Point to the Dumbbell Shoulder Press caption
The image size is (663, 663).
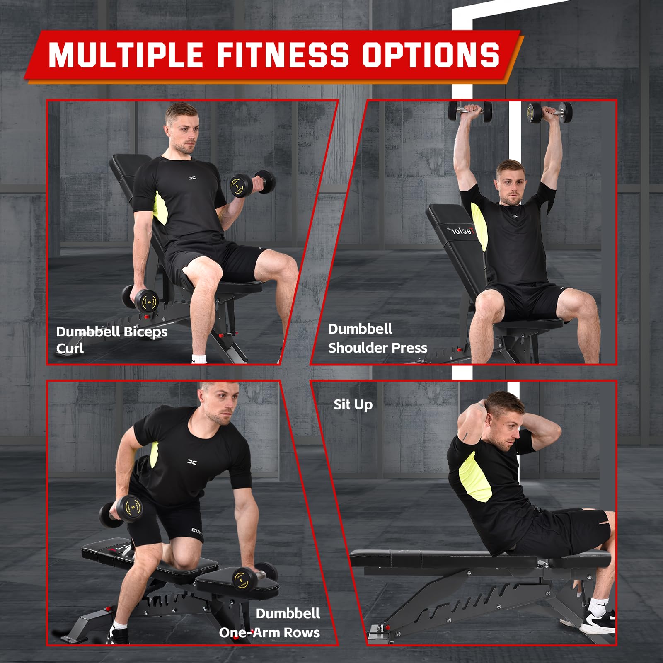coord(377,338)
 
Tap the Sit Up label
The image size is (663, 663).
coord(353,404)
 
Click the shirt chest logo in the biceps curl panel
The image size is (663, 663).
coord(192,178)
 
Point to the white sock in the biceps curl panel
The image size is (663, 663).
coord(200,358)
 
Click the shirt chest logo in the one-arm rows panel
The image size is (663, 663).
coord(192,462)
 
